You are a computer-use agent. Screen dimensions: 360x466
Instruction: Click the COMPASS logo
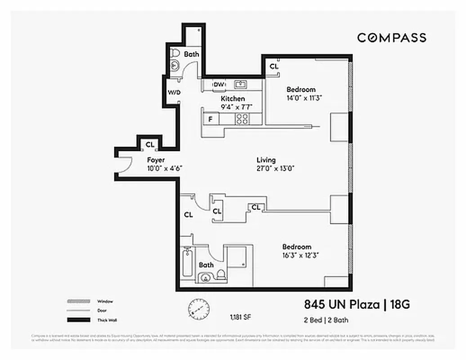coord(391,38)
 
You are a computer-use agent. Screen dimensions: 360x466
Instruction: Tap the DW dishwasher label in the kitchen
coord(219,85)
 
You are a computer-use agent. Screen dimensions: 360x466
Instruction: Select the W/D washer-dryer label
coord(174,93)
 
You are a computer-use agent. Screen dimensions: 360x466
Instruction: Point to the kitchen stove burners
coord(242,119)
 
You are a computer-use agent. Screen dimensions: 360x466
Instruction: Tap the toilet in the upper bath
coord(175,53)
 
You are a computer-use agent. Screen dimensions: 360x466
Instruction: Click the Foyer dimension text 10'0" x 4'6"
coord(164,168)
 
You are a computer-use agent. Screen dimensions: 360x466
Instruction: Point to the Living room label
coord(266,160)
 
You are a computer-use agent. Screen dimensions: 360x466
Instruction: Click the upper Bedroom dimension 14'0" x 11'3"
coord(305,98)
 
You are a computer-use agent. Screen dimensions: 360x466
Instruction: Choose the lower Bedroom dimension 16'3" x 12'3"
coord(300,255)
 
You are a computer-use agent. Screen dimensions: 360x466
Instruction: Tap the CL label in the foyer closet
coord(150,144)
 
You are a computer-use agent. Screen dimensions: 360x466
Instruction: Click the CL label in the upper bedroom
coord(273,66)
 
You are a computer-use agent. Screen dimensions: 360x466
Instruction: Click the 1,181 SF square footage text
coord(240,317)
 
